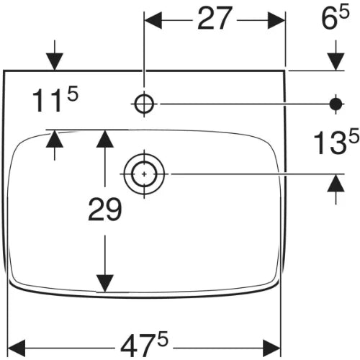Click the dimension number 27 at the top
tap(215, 19)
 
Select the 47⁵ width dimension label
tap(144, 344)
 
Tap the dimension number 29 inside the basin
tap(105, 209)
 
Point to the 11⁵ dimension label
tap(55, 99)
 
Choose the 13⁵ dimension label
tap(336, 142)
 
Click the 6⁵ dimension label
tap(335, 18)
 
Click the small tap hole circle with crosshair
tap(144, 104)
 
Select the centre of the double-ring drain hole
tap(144, 174)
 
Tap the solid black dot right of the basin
tap(336, 104)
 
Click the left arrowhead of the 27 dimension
tap(153, 20)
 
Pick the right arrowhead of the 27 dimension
tap(276, 20)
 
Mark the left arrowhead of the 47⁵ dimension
tap(17, 348)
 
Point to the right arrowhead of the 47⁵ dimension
tap(271, 348)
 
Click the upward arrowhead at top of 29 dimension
tap(104, 138)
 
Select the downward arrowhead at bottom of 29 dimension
tap(104, 284)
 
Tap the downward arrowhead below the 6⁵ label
tap(336, 62)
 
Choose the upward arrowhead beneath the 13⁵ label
tap(336, 183)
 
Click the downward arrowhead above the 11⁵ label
tap(55, 62)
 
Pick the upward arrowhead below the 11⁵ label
tap(55, 139)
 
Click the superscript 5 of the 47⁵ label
tap(162, 339)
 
